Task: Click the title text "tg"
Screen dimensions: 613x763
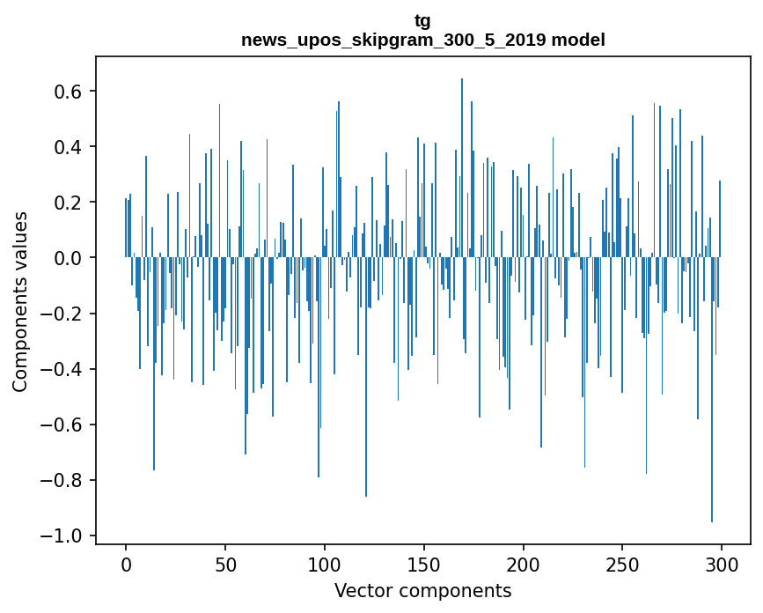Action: (x=422, y=20)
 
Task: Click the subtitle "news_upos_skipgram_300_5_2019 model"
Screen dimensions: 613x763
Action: (x=422, y=40)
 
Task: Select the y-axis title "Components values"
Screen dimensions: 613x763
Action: (x=20, y=301)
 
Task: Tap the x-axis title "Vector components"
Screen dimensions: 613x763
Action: (x=422, y=590)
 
